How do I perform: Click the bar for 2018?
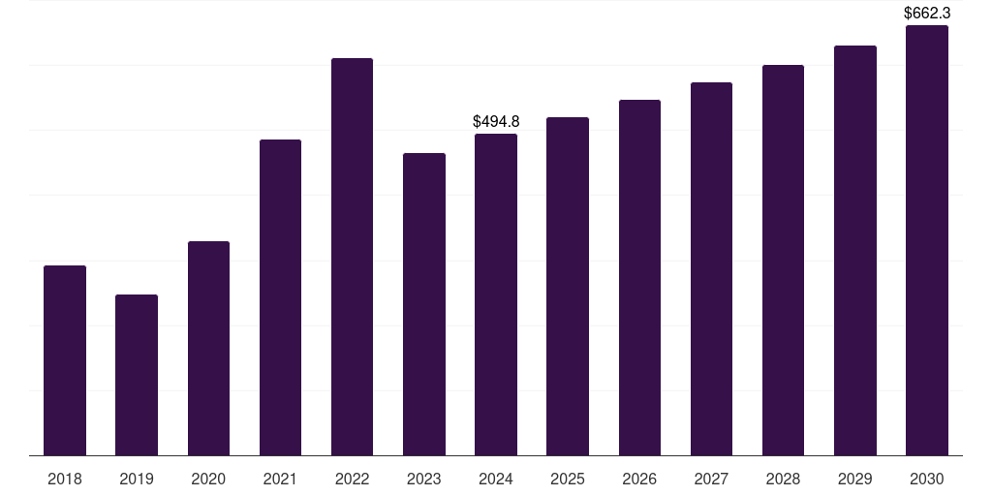pyautogui.click(x=65, y=360)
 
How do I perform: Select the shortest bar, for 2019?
pyautogui.click(x=137, y=375)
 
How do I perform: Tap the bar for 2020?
pyautogui.click(x=209, y=349)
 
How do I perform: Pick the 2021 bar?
pyautogui.click(x=280, y=297)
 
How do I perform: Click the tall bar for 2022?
pyautogui.click(x=352, y=257)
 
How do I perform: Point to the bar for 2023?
pyautogui.click(x=424, y=304)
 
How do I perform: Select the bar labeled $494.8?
pyautogui.click(x=496, y=294)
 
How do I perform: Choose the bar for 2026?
pyautogui.click(x=639, y=278)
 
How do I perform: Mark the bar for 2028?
pyautogui.click(x=783, y=260)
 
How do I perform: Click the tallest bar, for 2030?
pyautogui.click(x=927, y=240)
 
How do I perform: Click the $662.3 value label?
pyautogui.click(x=927, y=13)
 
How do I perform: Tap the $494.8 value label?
pyautogui.click(x=496, y=121)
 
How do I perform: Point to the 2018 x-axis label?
pyautogui.click(x=65, y=479)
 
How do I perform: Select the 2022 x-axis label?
pyautogui.click(x=352, y=479)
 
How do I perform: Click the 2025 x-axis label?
pyautogui.click(x=568, y=479)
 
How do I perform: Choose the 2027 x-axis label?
pyautogui.click(x=711, y=479)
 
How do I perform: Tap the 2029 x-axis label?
pyautogui.click(x=854, y=479)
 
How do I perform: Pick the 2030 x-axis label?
pyautogui.click(x=927, y=479)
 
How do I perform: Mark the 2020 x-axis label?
pyautogui.click(x=208, y=479)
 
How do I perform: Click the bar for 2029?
pyautogui.click(x=855, y=251)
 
